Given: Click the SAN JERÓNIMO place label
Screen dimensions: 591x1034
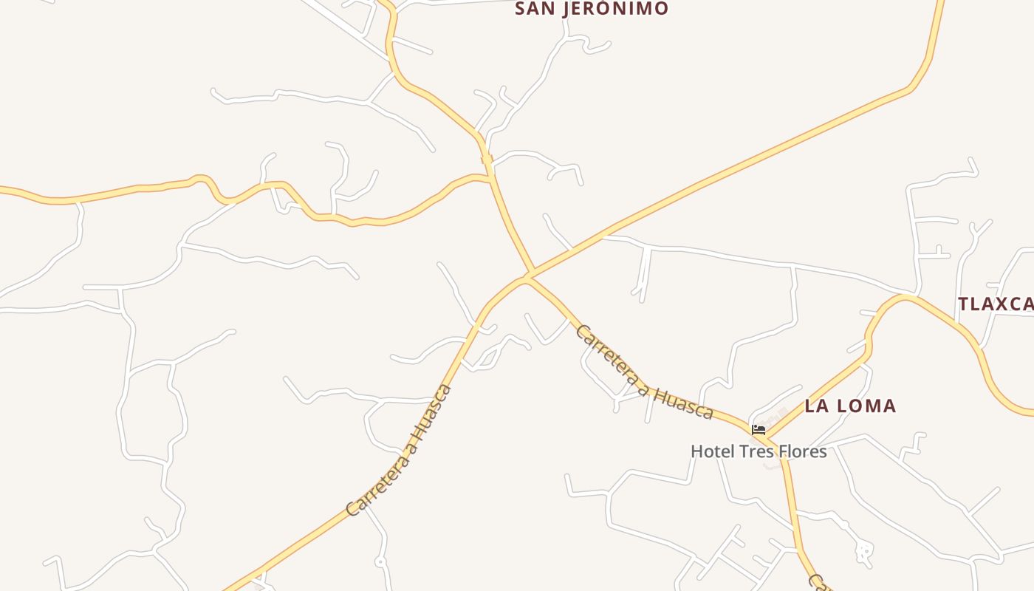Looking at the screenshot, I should (x=591, y=9).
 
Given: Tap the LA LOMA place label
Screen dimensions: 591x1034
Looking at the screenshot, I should (x=850, y=406).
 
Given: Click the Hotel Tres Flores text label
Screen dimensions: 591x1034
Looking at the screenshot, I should (x=759, y=451).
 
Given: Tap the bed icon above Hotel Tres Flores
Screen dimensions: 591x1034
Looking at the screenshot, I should (x=758, y=430).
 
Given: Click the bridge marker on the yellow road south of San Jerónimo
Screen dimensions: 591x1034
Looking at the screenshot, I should (x=486, y=159).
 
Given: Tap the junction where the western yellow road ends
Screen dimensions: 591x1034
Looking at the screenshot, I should (x=490, y=177).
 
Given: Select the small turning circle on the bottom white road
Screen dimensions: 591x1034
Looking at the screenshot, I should (x=380, y=562).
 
